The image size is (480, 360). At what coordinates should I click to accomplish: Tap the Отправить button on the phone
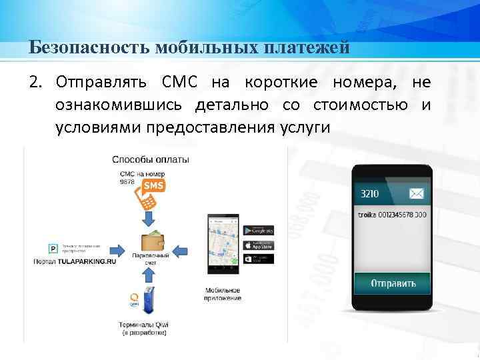click(x=393, y=283)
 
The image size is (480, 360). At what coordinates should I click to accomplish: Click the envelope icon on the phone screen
click(x=417, y=194)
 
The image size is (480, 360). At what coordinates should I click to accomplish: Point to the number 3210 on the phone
click(x=370, y=194)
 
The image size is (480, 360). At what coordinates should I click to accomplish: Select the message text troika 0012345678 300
click(x=393, y=215)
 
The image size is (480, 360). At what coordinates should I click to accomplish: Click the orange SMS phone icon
click(x=149, y=192)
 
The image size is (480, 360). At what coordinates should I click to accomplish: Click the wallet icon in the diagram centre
click(x=150, y=242)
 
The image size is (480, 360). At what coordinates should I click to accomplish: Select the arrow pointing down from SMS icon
click(x=149, y=218)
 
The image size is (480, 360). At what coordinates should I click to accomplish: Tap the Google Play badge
click(x=259, y=230)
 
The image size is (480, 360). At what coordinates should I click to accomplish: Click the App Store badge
click(x=259, y=244)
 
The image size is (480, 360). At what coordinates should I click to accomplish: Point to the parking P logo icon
click(x=53, y=249)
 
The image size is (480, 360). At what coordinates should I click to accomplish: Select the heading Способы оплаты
click(x=150, y=159)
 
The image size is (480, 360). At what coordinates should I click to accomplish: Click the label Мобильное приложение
click(x=223, y=294)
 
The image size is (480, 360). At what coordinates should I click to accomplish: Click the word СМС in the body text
click(x=178, y=83)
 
